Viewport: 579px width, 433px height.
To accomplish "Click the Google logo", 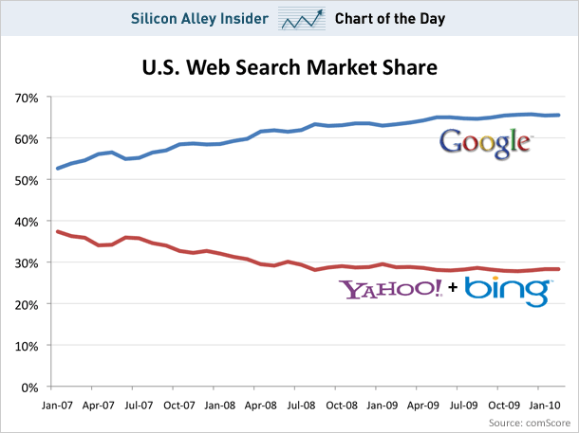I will point(485,142).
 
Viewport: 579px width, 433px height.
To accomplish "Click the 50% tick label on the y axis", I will point(26,180).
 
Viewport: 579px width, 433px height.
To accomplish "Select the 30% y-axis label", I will point(26,262).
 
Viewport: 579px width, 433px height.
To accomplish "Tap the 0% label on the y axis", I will point(29,388).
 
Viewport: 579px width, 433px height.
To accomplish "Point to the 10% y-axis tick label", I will point(26,346).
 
